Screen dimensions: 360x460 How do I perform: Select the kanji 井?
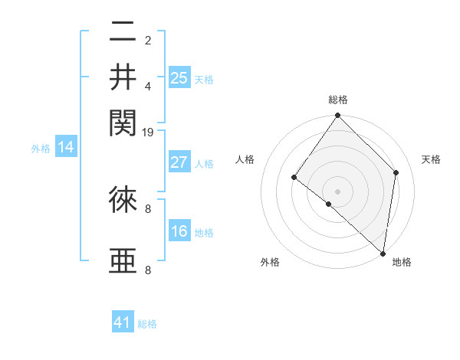pyautogui.click(x=123, y=77)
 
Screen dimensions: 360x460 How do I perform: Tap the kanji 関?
pyautogui.click(x=123, y=121)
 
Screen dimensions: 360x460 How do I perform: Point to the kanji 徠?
pyautogui.click(x=123, y=200)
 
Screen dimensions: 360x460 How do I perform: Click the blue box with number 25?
pyautogui.click(x=179, y=77)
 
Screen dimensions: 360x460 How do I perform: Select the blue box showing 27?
pyautogui.click(x=179, y=162)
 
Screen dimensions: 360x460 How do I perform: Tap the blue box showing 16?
pyautogui.click(x=179, y=231)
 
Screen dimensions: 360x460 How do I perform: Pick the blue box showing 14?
pyautogui.click(x=66, y=148)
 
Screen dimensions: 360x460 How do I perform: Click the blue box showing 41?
pyautogui.click(x=123, y=322)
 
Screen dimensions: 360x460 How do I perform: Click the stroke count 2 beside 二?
pyautogui.click(x=148, y=40)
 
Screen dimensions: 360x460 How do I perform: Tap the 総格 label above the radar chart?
pyautogui.click(x=337, y=100)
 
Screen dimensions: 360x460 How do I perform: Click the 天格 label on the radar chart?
pyautogui.click(x=431, y=159)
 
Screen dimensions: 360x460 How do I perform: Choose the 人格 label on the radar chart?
pyautogui.click(x=245, y=159)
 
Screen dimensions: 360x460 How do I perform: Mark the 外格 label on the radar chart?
pyautogui.click(x=270, y=262)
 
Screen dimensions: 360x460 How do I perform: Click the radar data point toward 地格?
pyautogui.click(x=383, y=253)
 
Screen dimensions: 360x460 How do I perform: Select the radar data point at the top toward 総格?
pyautogui.click(x=337, y=116)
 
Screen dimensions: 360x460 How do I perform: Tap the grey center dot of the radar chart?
pyautogui.click(x=337, y=191)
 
